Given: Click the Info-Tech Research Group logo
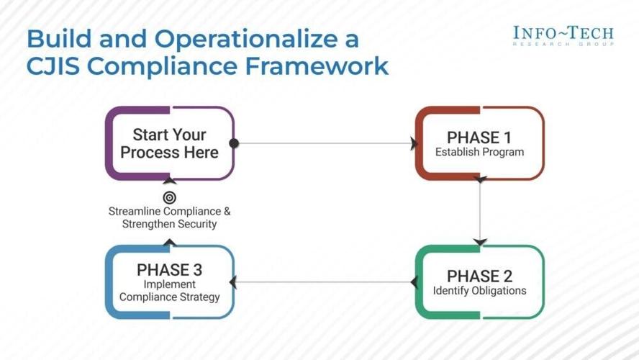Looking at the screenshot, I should (563, 35).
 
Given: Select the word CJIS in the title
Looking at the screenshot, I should (54, 66).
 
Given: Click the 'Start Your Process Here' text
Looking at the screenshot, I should (170, 143).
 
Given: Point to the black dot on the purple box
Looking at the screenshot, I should (234, 143).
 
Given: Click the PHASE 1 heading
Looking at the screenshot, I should (479, 137).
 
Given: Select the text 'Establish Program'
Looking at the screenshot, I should (479, 153).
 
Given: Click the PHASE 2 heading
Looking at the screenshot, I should (479, 276).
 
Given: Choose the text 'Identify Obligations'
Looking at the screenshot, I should (479, 292).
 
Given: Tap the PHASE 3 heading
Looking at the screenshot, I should (170, 270).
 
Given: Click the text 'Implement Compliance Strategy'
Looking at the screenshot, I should (170, 291).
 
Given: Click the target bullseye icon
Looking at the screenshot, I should (170, 197).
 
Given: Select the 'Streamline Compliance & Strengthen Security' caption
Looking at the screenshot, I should (170, 217).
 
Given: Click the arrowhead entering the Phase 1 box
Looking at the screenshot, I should (414, 143).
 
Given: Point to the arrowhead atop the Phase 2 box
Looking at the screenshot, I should (480, 242).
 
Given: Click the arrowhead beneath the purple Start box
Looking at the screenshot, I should (170, 181).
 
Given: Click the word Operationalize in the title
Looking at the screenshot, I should (259, 40).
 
